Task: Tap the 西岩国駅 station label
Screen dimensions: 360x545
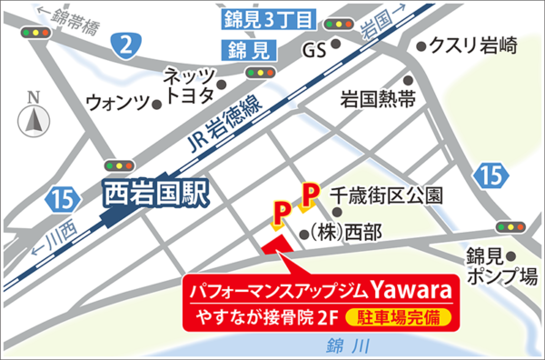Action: click(157, 192)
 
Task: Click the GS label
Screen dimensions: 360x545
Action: click(314, 47)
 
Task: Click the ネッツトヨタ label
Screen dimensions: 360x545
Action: click(188, 84)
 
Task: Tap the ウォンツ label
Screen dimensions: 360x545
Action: click(115, 103)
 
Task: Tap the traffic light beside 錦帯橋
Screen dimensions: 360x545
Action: click(35, 33)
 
